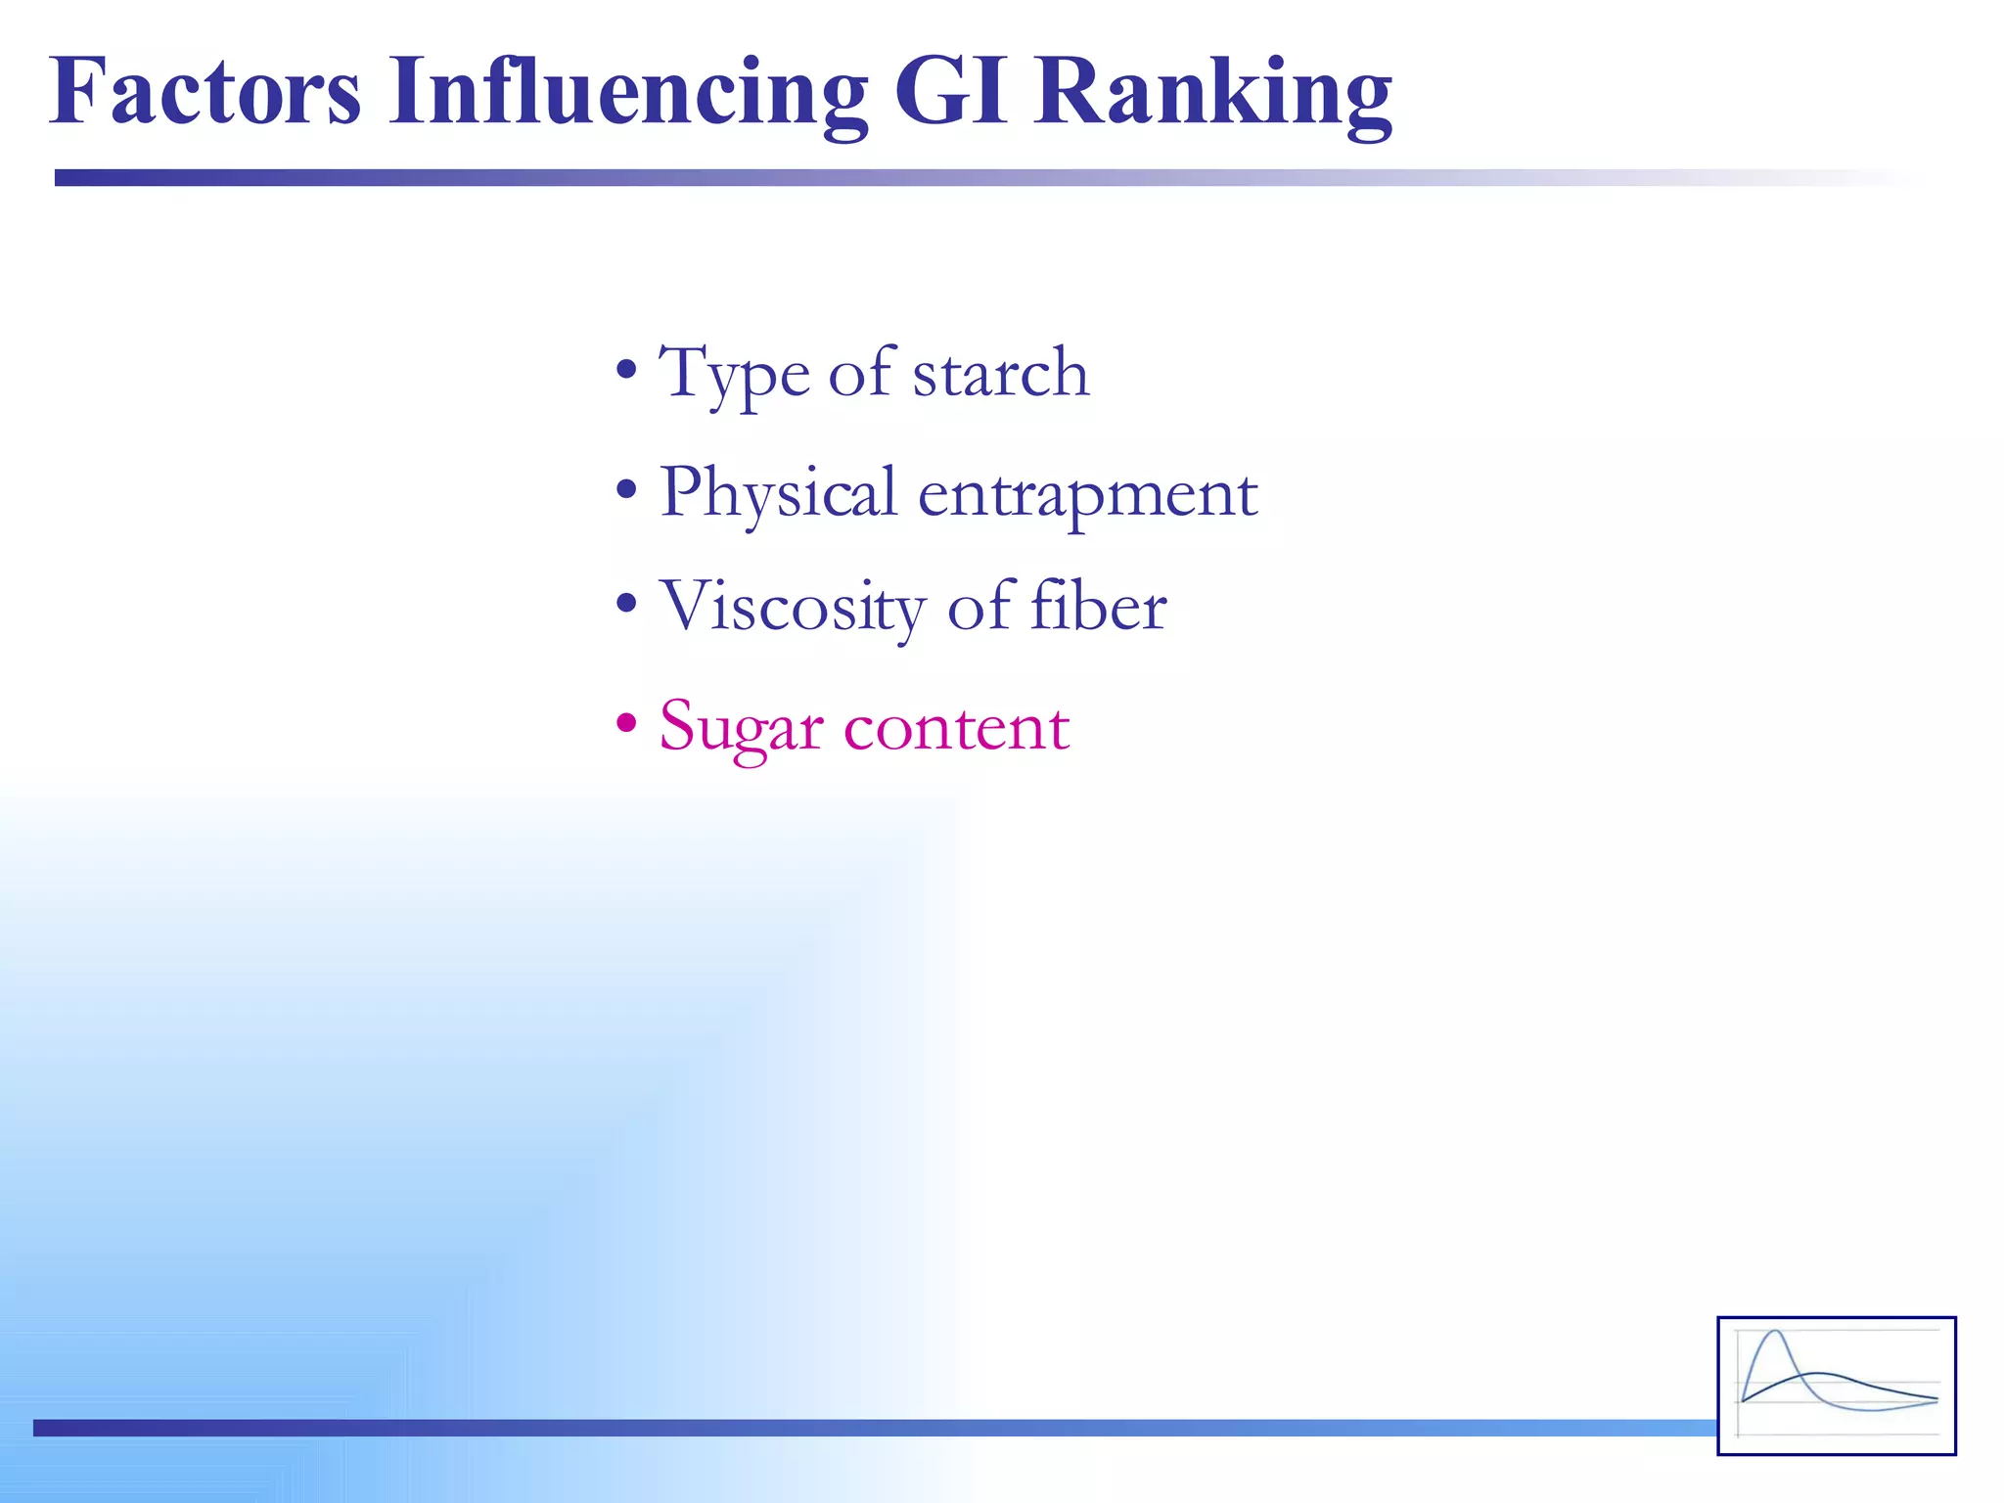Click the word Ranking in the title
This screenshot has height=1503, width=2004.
click(x=1213, y=93)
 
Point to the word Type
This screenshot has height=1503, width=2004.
click(x=734, y=375)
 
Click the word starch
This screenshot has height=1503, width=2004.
click(x=1000, y=373)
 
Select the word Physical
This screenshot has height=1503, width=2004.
click(x=778, y=494)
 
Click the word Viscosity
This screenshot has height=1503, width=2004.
click(x=792, y=608)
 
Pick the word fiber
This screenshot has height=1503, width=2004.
click(x=1098, y=606)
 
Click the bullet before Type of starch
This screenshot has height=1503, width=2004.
click(x=626, y=372)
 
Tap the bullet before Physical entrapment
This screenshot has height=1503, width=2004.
click(x=626, y=489)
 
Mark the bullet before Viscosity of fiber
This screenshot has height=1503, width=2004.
click(x=626, y=605)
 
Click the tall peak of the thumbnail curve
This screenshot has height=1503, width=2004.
click(x=1774, y=1333)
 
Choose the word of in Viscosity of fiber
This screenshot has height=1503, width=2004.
click(x=979, y=606)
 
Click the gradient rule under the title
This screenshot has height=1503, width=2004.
click(x=685, y=177)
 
